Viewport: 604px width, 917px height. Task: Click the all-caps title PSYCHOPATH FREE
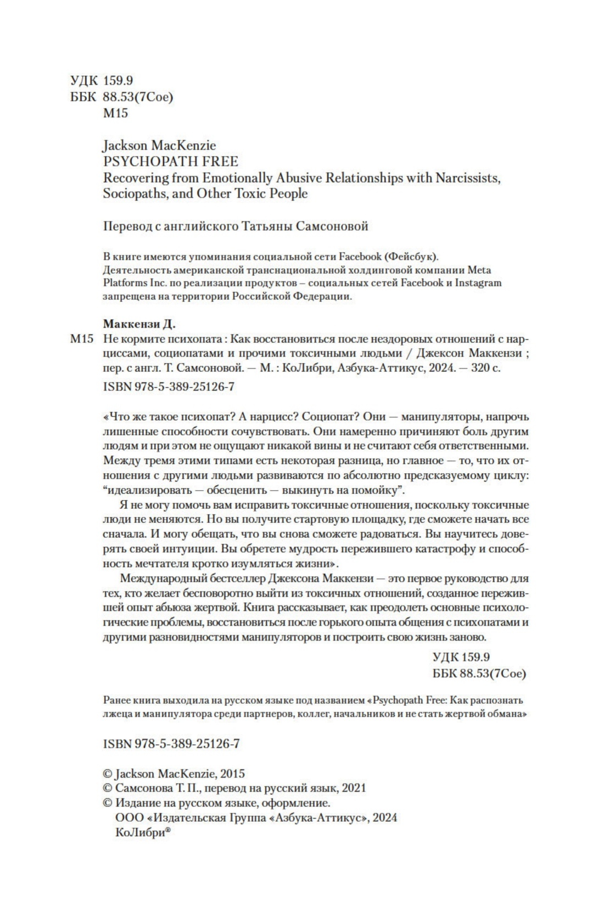pos(171,162)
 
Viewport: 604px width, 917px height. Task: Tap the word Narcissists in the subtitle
pos(468,178)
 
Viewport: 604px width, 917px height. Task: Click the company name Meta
pos(479,270)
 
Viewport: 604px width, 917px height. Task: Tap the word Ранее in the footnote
pos(116,701)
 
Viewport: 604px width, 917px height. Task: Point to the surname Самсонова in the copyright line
pos(143,788)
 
